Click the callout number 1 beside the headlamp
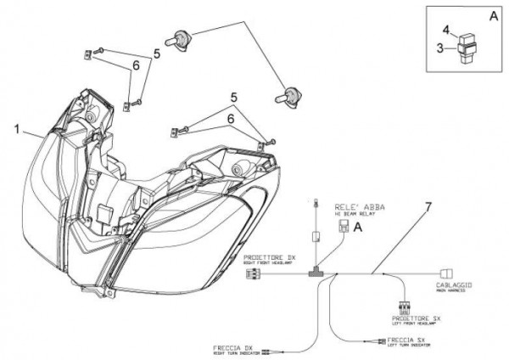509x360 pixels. [x=17, y=129]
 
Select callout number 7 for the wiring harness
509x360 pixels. [x=428, y=205]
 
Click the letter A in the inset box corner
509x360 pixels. [x=494, y=15]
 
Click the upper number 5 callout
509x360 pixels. [x=156, y=53]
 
